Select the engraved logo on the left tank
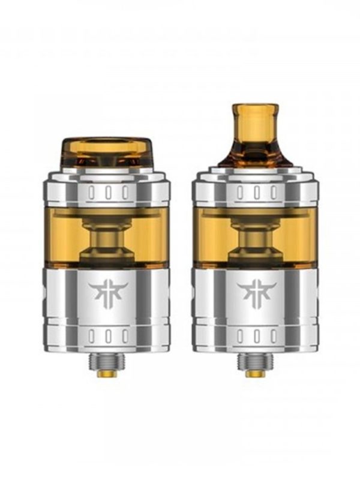coord(108,292)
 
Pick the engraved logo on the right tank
coord(256,292)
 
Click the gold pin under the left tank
coord(108,373)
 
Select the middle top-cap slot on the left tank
coord(108,193)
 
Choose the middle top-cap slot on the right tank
coord(256,193)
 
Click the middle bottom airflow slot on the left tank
coord(108,337)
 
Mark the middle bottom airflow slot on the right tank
coord(256,337)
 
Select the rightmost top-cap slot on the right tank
coord(272,193)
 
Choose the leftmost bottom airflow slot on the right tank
coord(241,337)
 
